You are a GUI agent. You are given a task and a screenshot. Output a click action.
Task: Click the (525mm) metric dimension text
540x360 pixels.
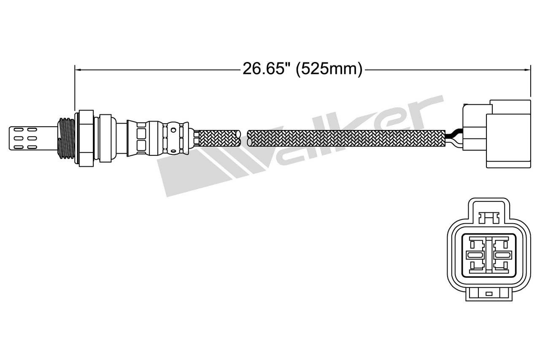click(329, 70)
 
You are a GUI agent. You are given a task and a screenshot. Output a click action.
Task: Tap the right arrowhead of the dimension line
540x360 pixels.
click(528, 70)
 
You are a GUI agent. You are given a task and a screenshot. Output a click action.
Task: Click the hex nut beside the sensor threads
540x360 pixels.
click(86, 138)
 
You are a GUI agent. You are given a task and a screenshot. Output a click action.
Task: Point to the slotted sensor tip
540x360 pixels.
click(33, 138)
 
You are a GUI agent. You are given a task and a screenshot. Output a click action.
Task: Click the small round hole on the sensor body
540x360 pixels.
click(173, 130)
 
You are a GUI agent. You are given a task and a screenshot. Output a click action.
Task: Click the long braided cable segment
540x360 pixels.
click(346, 138)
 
